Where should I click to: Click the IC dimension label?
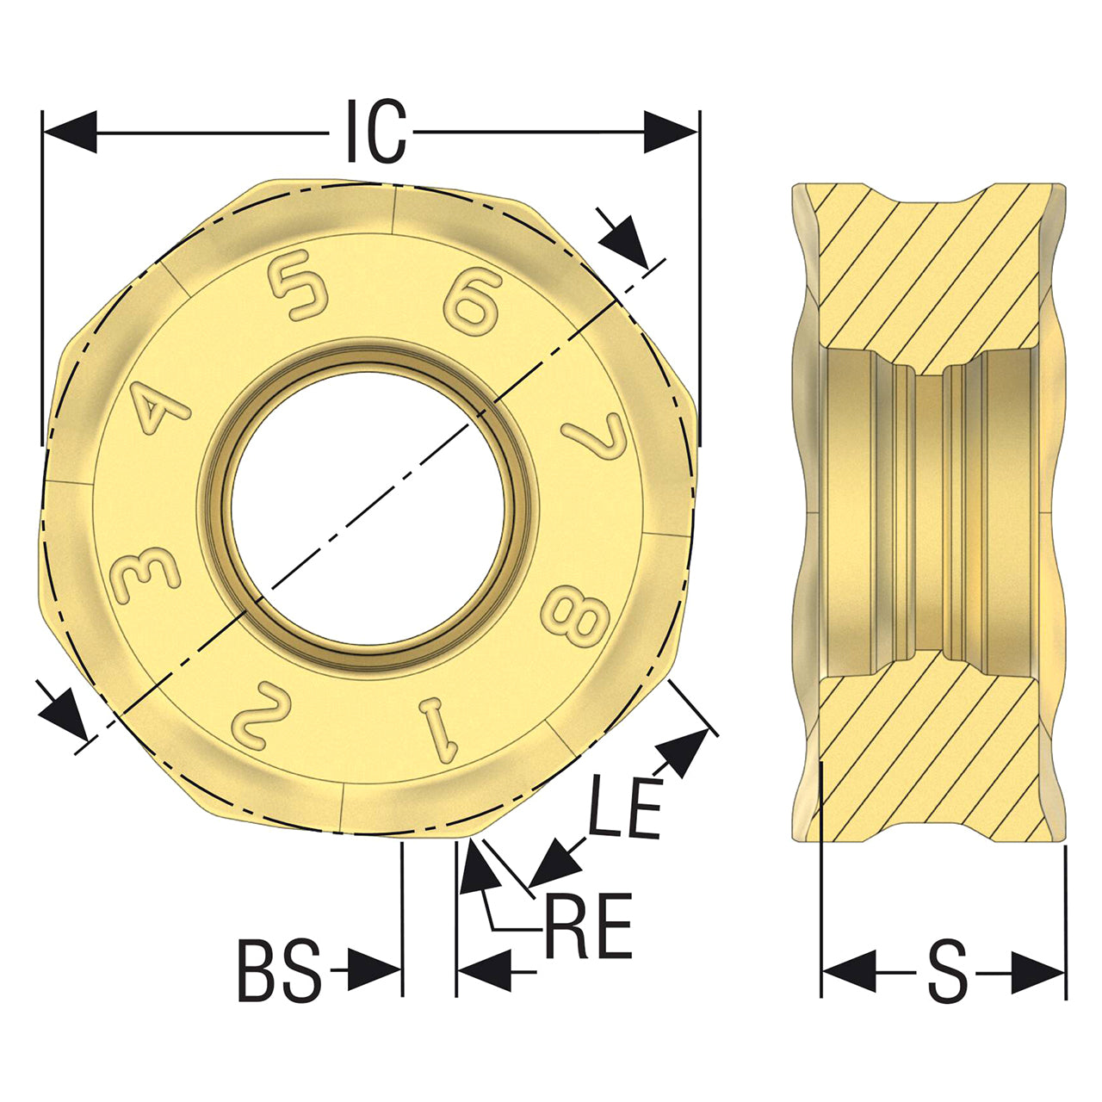point(376,131)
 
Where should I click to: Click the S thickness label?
point(948,972)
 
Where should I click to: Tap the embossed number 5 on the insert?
point(299,284)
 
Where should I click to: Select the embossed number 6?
point(473,300)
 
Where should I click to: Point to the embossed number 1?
point(439,732)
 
